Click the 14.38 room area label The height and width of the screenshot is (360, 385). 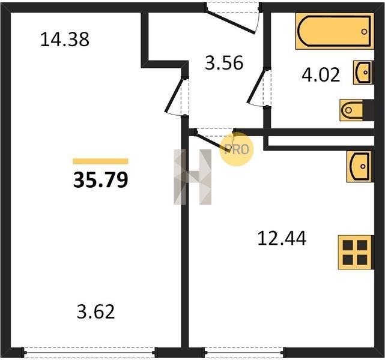[x=65, y=39]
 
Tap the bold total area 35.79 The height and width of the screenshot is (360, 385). [x=101, y=179]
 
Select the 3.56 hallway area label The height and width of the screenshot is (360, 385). [x=224, y=63]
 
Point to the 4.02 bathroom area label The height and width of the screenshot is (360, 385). [x=321, y=75]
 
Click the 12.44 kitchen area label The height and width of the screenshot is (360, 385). [x=282, y=238]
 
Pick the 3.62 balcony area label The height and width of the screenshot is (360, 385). [x=95, y=311]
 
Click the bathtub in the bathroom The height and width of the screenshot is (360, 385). [x=335, y=31]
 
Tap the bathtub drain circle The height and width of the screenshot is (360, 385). [x=364, y=32]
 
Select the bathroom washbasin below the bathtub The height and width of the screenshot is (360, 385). [x=363, y=73]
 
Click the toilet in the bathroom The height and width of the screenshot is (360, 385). [x=357, y=110]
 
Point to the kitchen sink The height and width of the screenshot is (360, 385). [x=360, y=167]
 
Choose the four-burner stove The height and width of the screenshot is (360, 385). [x=356, y=253]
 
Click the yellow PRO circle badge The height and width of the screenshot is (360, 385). [x=236, y=149]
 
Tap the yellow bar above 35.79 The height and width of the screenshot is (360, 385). [x=100, y=161]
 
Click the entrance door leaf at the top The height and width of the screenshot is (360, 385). [x=230, y=22]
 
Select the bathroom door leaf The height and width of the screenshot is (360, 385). [x=257, y=86]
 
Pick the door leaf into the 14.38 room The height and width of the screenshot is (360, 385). [x=175, y=95]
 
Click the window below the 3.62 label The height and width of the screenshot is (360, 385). [x=89, y=353]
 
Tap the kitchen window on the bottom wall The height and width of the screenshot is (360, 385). [x=244, y=353]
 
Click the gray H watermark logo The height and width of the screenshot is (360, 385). [x=192, y=177]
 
